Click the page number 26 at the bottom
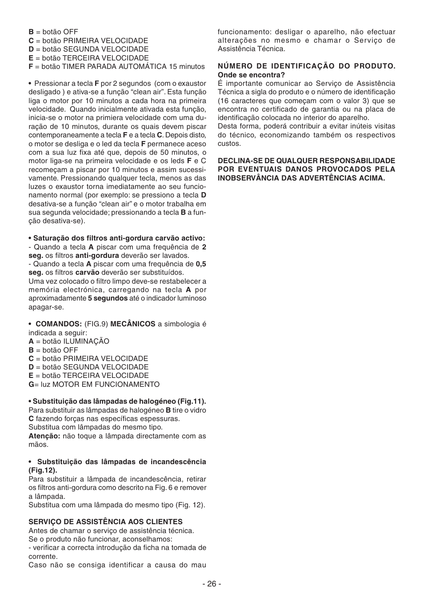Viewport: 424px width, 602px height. (212, 584)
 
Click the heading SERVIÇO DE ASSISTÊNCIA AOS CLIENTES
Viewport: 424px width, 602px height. (105, 522)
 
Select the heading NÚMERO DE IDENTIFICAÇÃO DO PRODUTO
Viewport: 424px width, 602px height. (306, 66)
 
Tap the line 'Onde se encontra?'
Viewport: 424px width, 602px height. (251, 75)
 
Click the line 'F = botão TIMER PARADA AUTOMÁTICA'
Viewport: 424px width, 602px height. (116, 66)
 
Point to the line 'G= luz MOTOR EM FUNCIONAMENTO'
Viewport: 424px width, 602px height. (94, 384)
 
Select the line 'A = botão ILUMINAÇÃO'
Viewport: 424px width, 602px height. (69, 341)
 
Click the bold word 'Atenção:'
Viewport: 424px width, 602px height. (44, 436)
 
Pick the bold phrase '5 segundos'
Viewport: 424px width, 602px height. (108, 298)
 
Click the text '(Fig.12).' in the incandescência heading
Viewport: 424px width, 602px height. (43, 470)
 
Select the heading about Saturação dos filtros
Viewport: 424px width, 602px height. (117, 238)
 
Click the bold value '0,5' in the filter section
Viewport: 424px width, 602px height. (201, 264)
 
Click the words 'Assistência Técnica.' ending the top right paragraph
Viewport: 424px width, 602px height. (251, 49)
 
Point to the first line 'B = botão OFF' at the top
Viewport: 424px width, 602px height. (53, 32)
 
